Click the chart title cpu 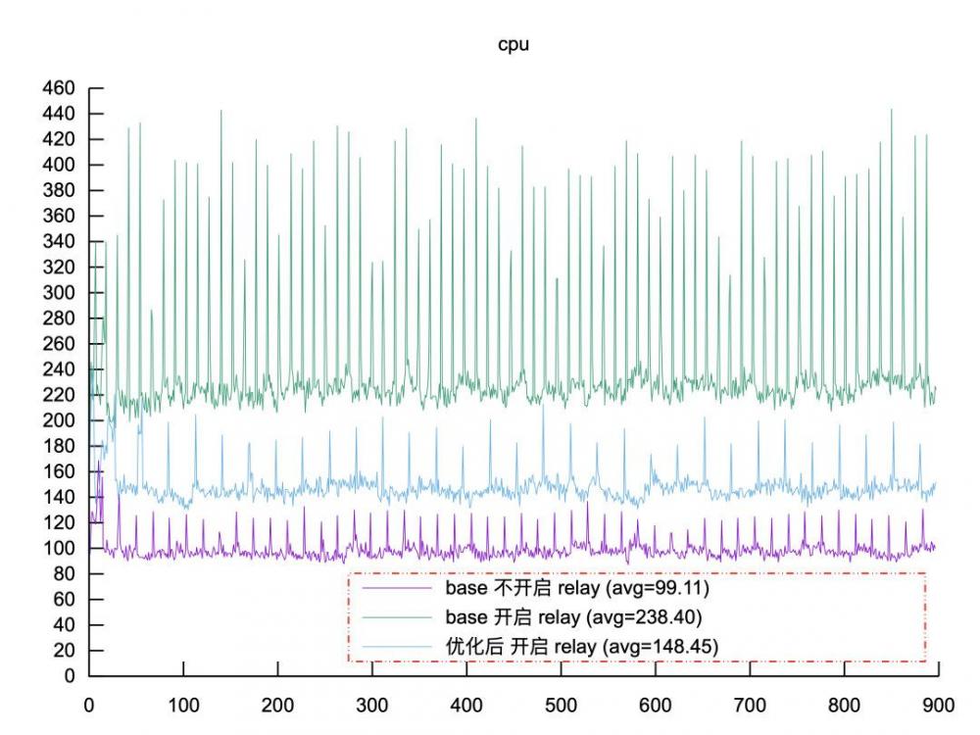point(514,45)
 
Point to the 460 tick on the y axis point(59,88)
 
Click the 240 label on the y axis point(59,369)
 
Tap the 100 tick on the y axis point(59,548)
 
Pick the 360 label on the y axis point(59,216)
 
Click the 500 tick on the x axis point(561,704)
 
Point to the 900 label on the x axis point(938,704)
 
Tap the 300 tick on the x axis point(372,704)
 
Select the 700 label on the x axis point(750,704)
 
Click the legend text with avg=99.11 point(577,589)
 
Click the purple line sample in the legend point(398,589)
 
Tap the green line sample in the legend point(398,617)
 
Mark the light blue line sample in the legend point(398,646)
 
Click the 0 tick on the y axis point(70,675)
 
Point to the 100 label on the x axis point(183,704)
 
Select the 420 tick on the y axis point(59,139)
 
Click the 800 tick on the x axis point(844,704)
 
